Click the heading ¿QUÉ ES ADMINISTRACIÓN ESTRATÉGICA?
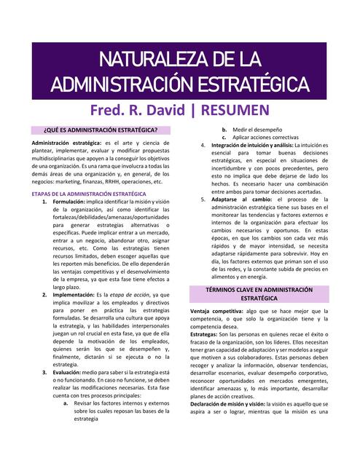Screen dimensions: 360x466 pyautogui.click(x=100, y=130)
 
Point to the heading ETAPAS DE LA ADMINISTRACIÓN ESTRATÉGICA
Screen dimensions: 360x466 pyautogui.click(x=90, y=194)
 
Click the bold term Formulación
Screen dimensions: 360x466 pyautogui.click(x=69, y=202)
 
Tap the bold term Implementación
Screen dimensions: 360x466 pyautogui.click(x=74, y=295)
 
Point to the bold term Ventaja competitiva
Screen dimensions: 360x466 pyautogui.click(x=216, y=311)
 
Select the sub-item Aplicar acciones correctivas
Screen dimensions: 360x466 pyautogui.click(x=265, y=138)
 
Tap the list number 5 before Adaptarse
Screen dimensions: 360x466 pyautogui.click(x=203, y=199)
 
